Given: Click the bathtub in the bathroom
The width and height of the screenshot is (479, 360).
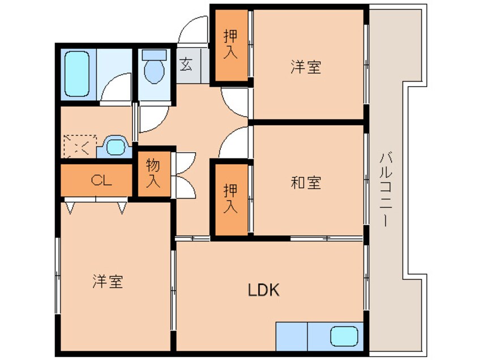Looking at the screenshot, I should pos(78,74).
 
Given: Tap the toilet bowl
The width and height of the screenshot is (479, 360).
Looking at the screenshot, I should pos(154,68).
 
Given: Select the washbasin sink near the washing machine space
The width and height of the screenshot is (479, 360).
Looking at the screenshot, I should pos(116,147).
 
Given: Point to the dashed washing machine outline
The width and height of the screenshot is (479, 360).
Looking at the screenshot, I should pos(79,147).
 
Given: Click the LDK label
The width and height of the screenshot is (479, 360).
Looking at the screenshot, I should pos(264,290).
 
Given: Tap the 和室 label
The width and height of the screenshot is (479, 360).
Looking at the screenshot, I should pos(306,183).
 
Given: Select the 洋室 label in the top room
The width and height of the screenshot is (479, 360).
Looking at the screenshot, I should pos(306,67).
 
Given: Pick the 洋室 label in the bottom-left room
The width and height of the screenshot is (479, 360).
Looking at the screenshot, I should pos(108,281).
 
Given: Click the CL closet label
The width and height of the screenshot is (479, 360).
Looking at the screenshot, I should pos(101,181).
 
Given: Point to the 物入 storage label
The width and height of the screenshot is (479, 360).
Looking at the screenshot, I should pos(153,173).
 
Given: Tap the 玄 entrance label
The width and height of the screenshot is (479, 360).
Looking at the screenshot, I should pos(186,63).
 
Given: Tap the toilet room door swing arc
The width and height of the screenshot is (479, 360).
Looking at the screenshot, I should pos(153,117).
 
